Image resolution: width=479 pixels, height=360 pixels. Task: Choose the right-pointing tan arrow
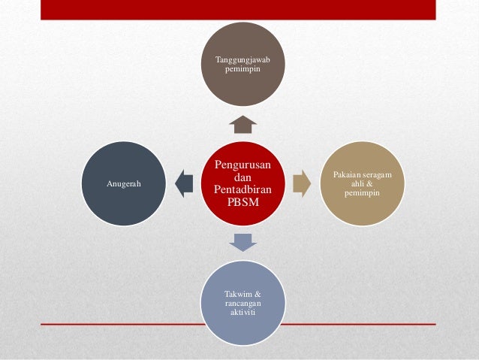click(302, 183)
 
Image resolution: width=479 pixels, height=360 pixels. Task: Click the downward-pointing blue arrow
click(244, 241)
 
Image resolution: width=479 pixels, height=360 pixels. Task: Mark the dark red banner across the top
click(238, 9)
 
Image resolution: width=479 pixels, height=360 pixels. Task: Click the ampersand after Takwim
click(259, 293)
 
